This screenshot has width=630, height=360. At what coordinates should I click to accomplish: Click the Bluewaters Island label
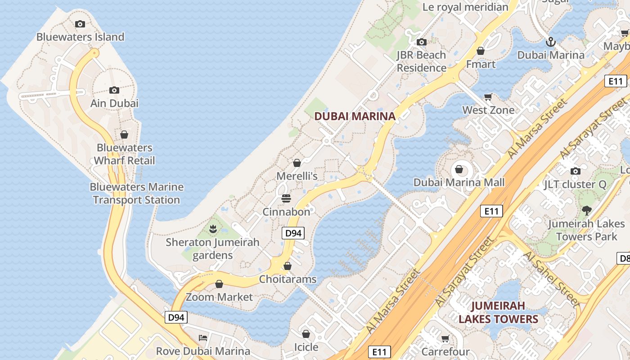tap(80, 37)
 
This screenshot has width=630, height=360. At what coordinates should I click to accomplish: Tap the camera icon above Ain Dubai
tap(114, 90)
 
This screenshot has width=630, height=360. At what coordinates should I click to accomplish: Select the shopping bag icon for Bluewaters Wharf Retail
tap(124, 135)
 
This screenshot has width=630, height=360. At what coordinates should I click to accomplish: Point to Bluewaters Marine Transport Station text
tap(136, 193)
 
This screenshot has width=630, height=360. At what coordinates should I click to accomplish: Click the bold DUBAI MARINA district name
tap(355, 116)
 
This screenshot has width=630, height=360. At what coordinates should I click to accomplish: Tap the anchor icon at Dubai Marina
tap(550, 42)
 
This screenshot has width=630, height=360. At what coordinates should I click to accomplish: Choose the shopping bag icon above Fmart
tap(481, 51)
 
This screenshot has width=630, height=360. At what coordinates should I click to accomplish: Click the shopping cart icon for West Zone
tap(488, 97)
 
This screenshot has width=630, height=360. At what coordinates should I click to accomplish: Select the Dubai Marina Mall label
tap(459, 182)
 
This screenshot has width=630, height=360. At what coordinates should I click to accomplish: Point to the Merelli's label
tap(297, 176)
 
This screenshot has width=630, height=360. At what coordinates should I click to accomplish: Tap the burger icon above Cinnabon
tap(286, 198)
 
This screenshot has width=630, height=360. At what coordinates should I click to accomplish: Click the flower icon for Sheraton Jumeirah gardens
tap(213, 229)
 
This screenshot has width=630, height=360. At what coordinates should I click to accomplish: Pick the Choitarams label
tap(288, 279)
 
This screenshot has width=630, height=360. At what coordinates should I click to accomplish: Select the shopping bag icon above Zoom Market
tap(219, 284)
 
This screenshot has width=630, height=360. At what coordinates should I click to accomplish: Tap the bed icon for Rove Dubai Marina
tap(203, 337)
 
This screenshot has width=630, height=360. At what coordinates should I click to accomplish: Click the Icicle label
tap(306, 347)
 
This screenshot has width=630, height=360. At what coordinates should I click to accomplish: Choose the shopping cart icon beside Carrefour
tap(445, 338)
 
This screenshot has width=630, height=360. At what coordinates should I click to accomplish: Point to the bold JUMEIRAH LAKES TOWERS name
tap(498, 313)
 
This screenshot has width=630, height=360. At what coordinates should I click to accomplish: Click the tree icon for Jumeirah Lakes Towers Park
tap(586, 210)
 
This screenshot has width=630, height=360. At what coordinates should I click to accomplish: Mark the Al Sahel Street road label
tap(551, 279)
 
